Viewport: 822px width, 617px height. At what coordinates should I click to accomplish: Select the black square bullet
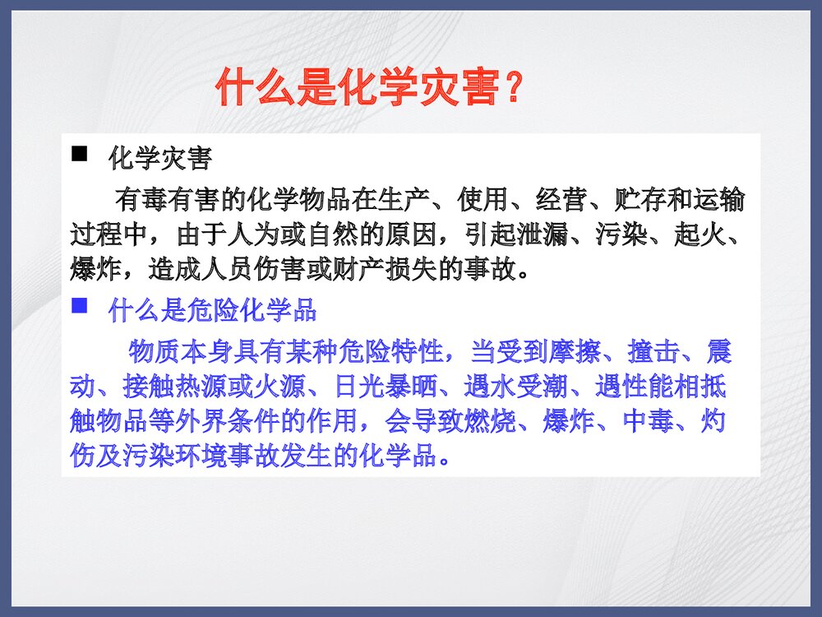pyautogui.click(x=80, y=154)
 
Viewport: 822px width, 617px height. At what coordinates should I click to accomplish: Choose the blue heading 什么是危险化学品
pyautogui.click(x=212, y=311)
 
